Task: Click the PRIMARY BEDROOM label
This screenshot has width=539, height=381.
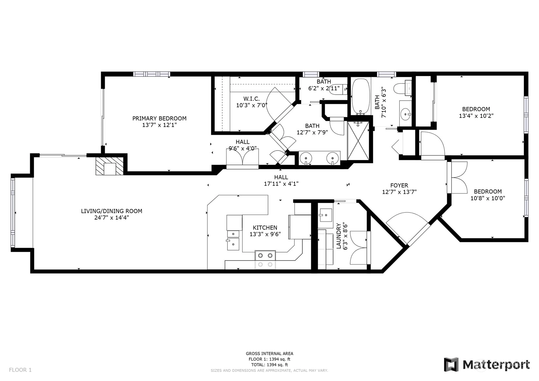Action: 159,118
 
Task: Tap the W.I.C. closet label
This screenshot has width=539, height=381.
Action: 251,99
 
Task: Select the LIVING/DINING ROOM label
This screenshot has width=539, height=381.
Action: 111,211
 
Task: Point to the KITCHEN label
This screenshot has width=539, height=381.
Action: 265,228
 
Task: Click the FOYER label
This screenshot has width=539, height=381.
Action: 399,185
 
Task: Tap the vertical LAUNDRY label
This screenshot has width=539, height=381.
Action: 339,236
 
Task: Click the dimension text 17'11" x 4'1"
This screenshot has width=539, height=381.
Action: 281,184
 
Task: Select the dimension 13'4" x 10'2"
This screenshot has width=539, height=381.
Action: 476,116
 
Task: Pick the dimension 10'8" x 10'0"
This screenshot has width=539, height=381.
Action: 488,198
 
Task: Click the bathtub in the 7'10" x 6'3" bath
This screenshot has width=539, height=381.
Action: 360,97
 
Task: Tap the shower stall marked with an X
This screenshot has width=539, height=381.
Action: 358,141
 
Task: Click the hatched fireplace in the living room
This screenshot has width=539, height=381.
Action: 110,166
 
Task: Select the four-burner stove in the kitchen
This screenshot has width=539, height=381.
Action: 265,260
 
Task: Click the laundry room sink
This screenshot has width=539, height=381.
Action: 326,215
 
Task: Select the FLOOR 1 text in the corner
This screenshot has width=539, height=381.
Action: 20,370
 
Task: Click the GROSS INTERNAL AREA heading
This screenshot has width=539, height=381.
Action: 269,354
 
